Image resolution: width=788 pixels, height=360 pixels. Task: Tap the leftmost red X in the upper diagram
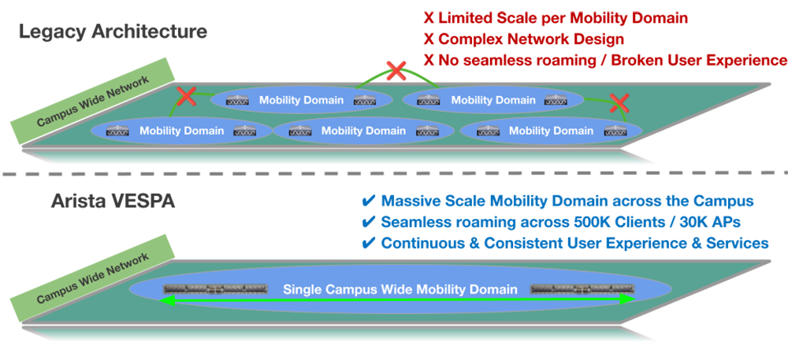(186, 97)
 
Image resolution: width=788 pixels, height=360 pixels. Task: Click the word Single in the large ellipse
(303, 290)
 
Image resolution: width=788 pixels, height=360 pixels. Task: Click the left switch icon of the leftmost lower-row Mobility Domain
(117, 131)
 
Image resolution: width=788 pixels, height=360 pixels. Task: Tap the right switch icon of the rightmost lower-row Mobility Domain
(612, 131)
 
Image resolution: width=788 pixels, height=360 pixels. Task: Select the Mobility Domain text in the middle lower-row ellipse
(364, 131)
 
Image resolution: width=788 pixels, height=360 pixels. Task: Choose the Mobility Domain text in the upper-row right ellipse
(493, 100)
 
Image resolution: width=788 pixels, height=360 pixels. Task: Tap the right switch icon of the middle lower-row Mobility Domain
(426, 131)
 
